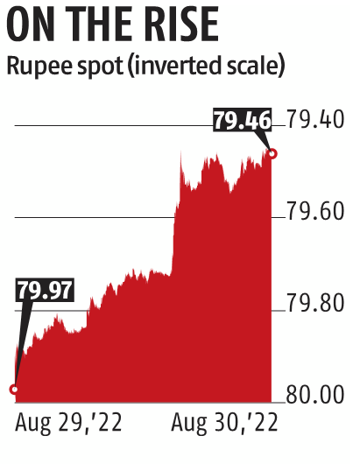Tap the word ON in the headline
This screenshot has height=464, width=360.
34,26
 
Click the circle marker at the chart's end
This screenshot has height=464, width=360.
273,153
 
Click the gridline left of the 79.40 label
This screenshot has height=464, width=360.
114,125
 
